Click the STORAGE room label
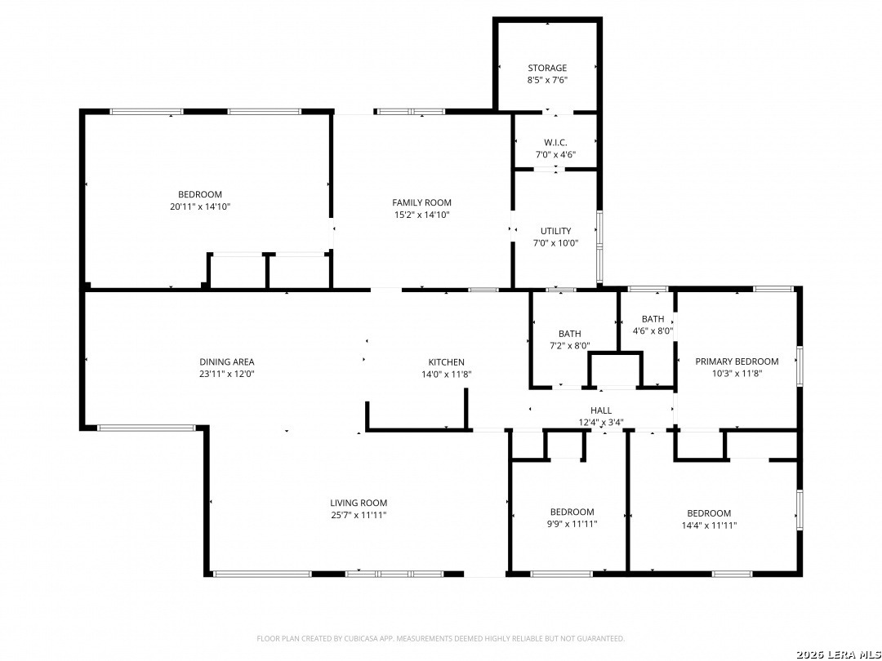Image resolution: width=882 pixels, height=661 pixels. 546,68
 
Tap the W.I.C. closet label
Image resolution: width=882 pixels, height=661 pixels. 555,143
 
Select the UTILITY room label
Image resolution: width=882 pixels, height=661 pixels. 555,231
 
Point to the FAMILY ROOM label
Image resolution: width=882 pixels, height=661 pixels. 421,202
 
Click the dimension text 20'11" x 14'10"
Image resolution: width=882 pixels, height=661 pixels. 200,206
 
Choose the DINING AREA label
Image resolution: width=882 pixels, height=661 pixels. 227,362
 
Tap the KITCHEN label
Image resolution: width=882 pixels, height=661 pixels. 446,362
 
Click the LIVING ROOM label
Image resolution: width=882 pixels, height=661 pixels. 359,503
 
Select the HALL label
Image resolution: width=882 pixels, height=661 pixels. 601,410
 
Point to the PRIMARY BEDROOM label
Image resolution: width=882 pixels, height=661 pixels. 737,362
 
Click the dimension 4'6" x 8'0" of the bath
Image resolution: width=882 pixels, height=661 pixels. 653,331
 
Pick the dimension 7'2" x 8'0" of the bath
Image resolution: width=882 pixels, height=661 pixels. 569,346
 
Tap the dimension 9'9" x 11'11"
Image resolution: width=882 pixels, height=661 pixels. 572,524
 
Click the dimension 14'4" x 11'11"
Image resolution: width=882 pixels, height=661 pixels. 709,525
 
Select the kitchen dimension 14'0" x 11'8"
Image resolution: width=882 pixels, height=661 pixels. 446,375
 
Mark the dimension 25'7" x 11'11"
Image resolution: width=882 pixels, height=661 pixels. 359,515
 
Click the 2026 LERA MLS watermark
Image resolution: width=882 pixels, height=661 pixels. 838,654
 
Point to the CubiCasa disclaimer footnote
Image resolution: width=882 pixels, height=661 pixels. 440,638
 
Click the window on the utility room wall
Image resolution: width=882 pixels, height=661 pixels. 599,246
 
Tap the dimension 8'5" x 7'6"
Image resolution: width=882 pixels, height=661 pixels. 546,80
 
